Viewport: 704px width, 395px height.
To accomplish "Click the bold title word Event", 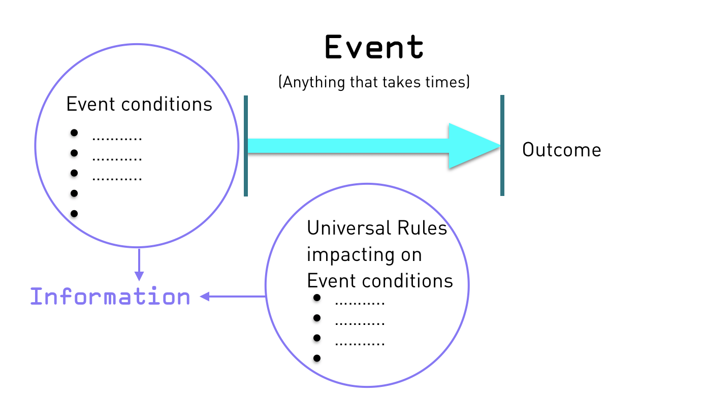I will click(x=374, y=48).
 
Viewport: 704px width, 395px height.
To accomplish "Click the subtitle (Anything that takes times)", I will click(x=374, y=82).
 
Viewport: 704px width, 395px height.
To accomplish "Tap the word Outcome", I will click(x=561, y=150).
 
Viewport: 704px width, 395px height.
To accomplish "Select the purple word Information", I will click(x=110, y=297).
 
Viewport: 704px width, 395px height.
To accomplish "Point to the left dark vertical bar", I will click(x=246, y=146).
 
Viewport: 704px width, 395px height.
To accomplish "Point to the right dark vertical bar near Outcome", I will click(x=502, y=146).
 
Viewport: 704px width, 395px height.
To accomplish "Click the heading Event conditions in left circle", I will click(x=139, y=105).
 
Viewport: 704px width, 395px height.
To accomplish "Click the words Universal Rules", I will click(x=377, y=228).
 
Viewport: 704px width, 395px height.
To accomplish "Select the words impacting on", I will click(x=364, y=255).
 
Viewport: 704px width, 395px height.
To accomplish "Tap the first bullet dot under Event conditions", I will click(x=74, y=133).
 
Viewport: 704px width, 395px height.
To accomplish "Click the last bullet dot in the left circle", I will click(x=74, y=214).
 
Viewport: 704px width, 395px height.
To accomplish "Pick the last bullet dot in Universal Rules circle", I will click(x=317, y=358).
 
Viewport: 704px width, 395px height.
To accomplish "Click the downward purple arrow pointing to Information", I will click(x=139, y=264).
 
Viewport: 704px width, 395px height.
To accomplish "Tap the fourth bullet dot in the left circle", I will click(x=74, y=193).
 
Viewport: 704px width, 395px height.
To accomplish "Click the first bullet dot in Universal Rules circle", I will click(x=317, y=298).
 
